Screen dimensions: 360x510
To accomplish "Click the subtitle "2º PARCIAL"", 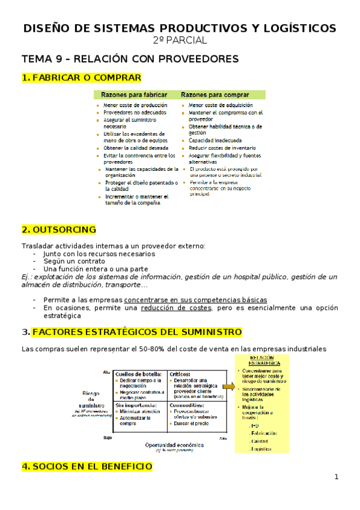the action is [x=180, y=40].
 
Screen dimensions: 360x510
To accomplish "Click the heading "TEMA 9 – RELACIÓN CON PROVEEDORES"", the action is [x=130, y=58].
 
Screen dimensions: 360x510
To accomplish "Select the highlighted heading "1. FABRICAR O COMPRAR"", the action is [x=81, y=78].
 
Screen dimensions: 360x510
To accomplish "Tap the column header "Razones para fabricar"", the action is [x=133, y=95].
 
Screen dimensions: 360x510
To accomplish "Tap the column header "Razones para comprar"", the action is [x=215, y=95].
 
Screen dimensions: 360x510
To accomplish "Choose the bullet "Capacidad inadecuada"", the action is [x=212, y=140].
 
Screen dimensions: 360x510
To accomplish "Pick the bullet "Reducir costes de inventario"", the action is [x=221, y=147].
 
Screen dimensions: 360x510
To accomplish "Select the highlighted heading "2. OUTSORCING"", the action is [x=58, y=229].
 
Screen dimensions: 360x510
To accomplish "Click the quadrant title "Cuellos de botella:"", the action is [x=140, y=373].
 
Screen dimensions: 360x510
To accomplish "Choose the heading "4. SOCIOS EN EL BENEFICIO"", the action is [x=87, y=467].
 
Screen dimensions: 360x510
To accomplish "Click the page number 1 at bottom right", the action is [x=337, y=477].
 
